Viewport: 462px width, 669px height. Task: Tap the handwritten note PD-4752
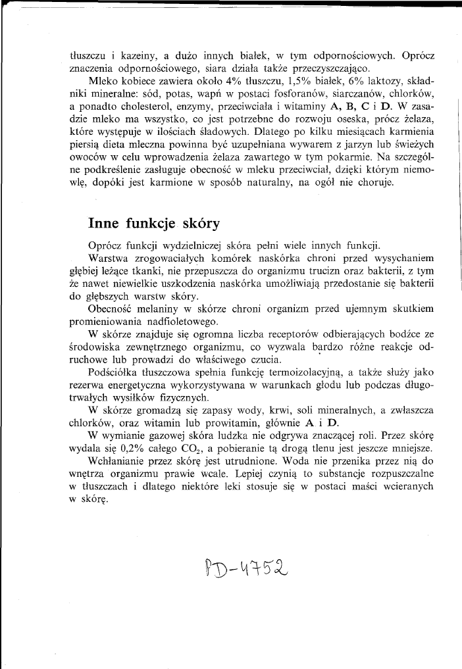247,566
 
